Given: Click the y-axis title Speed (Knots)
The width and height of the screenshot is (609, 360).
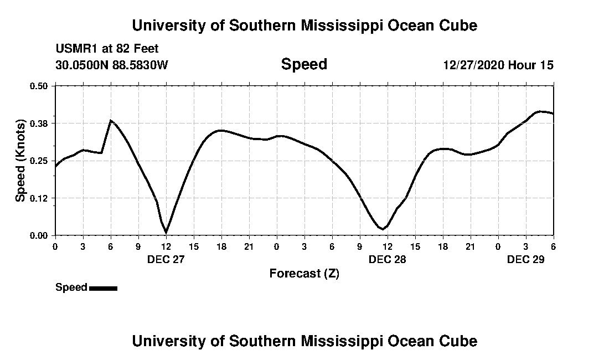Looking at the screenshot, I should pos(20,160).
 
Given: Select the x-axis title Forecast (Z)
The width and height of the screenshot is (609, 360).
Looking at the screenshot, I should pos(304,273).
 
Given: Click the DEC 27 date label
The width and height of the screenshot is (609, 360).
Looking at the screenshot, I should pos(166,259).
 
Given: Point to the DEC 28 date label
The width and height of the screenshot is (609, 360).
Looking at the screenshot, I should pos(387,259).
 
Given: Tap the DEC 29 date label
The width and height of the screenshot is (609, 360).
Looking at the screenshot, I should pos(525,259).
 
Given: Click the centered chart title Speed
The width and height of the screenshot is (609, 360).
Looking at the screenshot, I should pos(304,64).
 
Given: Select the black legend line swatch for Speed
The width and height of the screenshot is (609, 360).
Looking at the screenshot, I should pos(103,288).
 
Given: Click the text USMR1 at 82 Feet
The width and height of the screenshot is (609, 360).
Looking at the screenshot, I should pos(107,49).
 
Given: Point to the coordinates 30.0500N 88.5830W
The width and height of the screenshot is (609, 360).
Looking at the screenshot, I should pos(111,65).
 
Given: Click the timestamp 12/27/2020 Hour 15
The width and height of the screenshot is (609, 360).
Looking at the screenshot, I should pos(498,65).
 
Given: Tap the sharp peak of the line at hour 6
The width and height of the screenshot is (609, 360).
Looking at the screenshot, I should pos(111,120).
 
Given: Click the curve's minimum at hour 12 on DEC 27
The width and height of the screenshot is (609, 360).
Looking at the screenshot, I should pos(166,232).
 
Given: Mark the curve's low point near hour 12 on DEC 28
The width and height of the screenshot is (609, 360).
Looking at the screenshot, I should pos(383,229).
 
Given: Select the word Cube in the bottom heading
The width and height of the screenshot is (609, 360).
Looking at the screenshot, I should pos(461,341).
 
